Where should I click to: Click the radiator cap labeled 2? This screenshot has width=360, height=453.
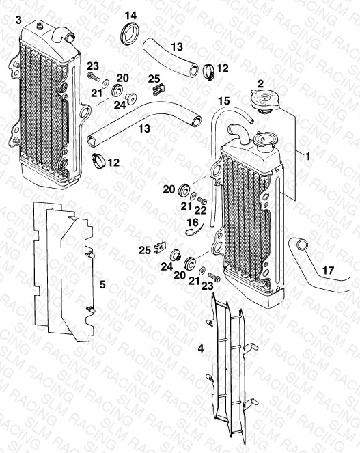click(x=264, y=100)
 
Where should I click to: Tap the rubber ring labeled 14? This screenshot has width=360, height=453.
click(x=129, y=33)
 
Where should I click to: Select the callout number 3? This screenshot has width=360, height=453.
click(x=18, y=20)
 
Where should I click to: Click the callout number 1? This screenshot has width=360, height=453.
click(x=307, y=156)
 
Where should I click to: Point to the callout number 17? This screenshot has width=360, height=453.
click(x=328, y=271)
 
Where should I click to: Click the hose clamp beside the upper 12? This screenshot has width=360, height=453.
click(x=208, y=72)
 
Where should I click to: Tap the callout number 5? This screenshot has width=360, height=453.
click(x=102, y=284)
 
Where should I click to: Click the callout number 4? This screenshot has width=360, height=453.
click(x=201, y=348)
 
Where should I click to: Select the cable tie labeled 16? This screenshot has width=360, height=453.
click(x=194, y=230)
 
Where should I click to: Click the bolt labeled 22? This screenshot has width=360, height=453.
click(x=202, y=200)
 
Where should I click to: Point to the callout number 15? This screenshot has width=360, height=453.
click(x=224, y=101)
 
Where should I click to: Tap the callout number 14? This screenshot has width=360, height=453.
click(x=131, y=15)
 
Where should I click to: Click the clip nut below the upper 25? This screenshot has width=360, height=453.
click(x=158, y=89)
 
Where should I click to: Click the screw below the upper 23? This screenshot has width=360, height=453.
click(x=94, y=77)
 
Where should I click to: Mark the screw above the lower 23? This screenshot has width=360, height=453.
click(x=214, y=277)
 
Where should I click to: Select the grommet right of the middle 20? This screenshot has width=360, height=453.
click(x=183, y=189)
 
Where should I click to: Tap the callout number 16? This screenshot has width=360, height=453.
click(x=193, y=223)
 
